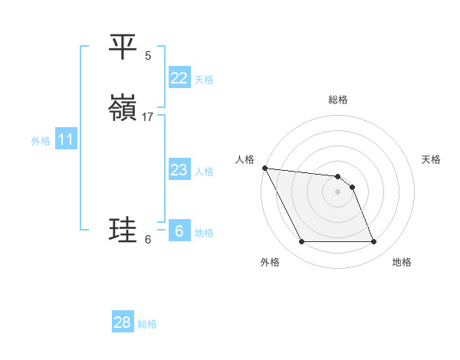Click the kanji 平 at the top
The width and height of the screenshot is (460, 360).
click(123, 47)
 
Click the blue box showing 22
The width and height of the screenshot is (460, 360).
click(179, 78)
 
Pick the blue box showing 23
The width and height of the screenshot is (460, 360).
click(179, 170)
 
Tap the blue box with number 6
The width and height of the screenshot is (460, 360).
click(179, 231)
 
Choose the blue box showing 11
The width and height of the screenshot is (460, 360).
click(65, 139)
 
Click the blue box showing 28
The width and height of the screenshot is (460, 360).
click(122, 322)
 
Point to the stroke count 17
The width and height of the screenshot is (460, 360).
click(148, 116)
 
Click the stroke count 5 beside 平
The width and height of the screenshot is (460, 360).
click(148, 55)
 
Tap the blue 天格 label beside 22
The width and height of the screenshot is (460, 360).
click(204, 79)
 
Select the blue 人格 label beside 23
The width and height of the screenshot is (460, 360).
click(204, 171)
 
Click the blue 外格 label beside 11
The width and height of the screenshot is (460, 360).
click(41, 140)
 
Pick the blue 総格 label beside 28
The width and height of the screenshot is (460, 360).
click(147, 324)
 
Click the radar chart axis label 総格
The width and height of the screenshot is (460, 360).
click(338, 100)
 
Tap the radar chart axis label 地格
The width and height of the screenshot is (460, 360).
click(402, 262)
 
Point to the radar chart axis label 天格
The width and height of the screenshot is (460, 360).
click(431, 159)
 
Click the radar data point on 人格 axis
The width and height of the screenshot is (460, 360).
click(264, 168)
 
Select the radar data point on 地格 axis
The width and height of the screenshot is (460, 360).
click(374, 242)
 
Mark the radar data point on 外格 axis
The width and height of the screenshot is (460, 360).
click(301, 242)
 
